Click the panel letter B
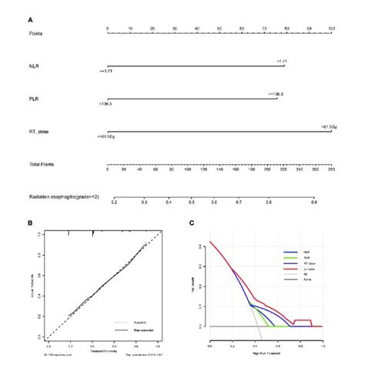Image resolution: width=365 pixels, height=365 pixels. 29,224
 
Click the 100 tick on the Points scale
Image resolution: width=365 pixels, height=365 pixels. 331,27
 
